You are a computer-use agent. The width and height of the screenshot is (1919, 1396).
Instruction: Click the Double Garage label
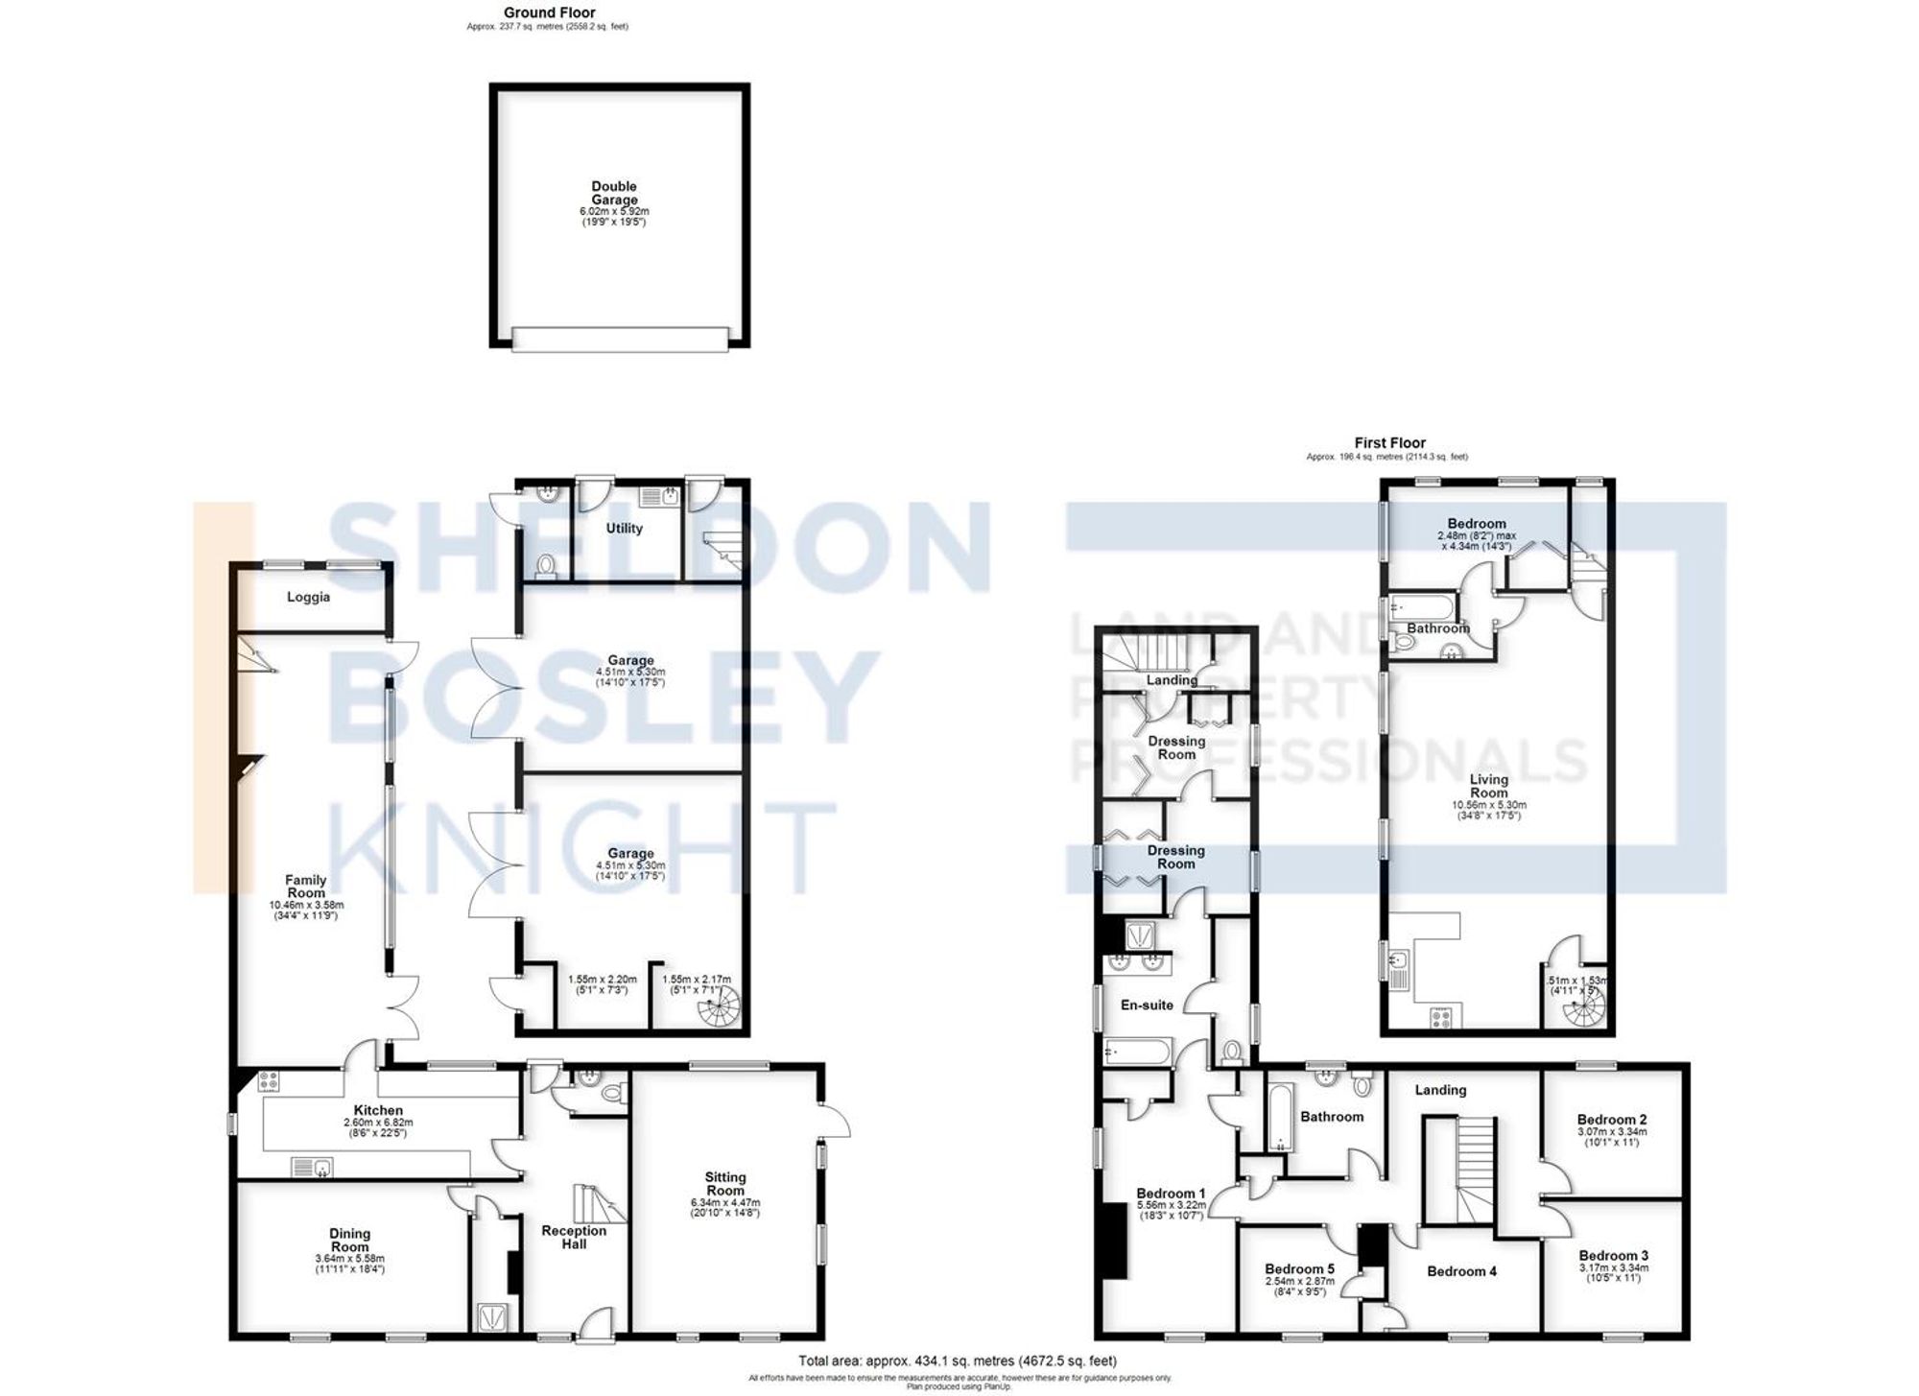point(614,193)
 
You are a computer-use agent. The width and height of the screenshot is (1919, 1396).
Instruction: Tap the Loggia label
point(308,597)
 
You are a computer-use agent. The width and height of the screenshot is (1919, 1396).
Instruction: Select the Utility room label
point(624,529)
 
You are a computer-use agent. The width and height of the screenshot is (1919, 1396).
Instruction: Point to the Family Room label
point(306,886)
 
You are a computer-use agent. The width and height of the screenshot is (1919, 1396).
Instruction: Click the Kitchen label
point(378,1110)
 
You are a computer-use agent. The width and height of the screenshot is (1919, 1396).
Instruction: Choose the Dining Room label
point(349,1241)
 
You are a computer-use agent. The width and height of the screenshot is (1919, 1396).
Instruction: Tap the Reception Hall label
point(574,1237)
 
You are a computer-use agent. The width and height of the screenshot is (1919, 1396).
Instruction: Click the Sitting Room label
point(724,1184)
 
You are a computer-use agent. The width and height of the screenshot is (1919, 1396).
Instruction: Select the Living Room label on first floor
point(1488,786)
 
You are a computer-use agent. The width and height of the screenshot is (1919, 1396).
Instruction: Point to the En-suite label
point(1147,1005)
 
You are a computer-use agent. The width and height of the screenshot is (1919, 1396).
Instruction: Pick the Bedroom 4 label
point(1461,1271)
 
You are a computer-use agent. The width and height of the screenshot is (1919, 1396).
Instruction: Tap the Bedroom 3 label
point(1614,1255)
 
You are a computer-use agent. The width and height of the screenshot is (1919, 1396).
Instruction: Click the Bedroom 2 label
point(1612,1119)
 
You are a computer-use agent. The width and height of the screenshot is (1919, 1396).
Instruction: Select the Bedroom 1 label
point(1171,1194)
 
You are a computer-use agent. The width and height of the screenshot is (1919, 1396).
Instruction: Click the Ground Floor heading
point(549,12)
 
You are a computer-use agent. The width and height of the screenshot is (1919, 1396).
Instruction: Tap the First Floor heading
point(1389,442)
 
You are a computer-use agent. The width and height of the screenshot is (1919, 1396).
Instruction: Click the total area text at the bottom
point(958,1361)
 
